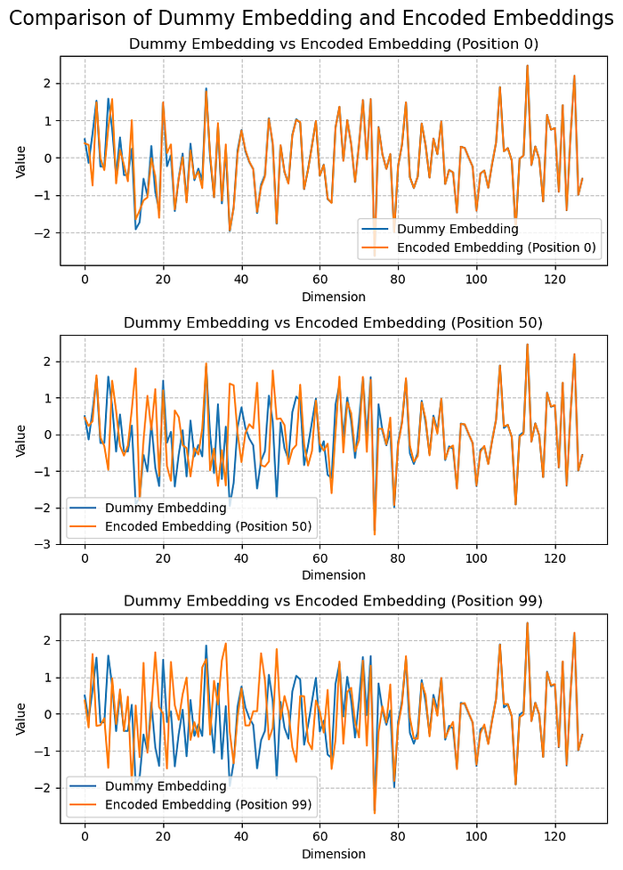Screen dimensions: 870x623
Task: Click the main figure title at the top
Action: coord(311,19)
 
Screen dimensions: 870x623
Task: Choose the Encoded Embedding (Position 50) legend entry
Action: coord(208,526)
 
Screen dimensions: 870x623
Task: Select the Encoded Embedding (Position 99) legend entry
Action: coord(208,805)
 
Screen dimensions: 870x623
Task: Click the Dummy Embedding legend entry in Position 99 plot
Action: coord(166,786)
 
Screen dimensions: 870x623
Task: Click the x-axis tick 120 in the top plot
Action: coord(555,279)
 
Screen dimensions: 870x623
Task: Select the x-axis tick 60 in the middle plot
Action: coord(320,557)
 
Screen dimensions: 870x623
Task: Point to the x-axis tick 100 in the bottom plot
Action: coord(477,836)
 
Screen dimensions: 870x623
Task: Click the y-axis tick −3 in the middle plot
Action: coord(47,544)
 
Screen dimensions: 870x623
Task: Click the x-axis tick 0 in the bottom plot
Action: coord(85,836)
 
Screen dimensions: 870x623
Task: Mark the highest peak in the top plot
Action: coord(528,65)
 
